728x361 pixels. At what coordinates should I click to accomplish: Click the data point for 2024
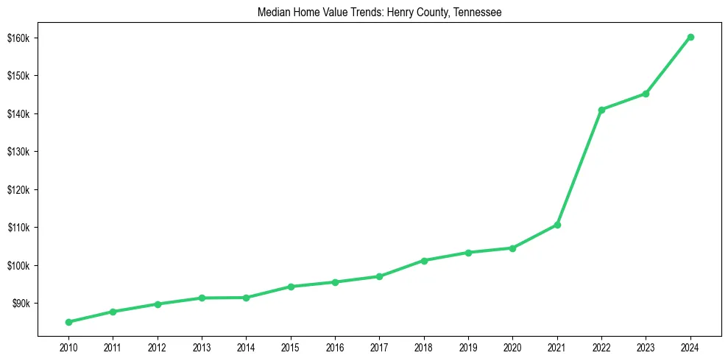point(690,37)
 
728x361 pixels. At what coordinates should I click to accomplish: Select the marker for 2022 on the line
point(601,110)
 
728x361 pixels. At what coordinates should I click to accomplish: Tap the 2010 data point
point(68,322)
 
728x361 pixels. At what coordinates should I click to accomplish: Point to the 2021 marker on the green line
point(557,225)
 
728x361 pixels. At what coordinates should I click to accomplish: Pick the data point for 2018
point(424,261)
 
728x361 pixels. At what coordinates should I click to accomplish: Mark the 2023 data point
point(646,94)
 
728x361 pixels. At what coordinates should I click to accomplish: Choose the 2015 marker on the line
point(291,287)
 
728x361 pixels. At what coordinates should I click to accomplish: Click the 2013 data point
point(202,298)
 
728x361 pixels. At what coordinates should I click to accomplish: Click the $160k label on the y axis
point(18,38)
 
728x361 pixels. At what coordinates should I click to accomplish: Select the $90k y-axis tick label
point(20,304)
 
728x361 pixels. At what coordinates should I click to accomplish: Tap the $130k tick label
point(18,152)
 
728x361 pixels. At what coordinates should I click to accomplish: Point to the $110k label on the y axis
point(18,228)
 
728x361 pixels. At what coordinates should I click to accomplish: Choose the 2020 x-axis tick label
point(512,347)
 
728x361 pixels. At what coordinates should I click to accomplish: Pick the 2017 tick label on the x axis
point(379,347)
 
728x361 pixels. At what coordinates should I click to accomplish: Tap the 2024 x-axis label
point(690,347)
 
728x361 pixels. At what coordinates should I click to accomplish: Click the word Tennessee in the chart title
point(476,13)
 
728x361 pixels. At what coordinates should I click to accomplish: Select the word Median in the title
point(273,13)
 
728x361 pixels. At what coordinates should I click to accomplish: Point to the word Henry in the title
point(397,13)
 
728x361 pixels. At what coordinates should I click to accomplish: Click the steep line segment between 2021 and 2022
point(579,167)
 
